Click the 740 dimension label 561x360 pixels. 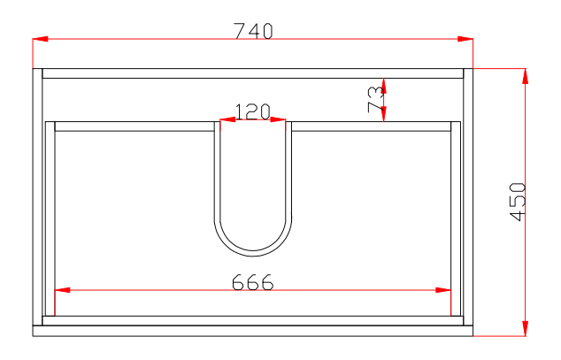click(253, 30)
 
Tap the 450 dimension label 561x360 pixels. click(518, 202)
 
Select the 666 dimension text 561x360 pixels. click(252, 281)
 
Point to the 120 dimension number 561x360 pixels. click(252, 111)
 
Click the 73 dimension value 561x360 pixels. click(376, 99)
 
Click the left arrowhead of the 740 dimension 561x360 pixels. click(40, 39)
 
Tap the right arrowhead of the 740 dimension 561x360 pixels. click(465, 39)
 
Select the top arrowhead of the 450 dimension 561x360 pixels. click(525, 76)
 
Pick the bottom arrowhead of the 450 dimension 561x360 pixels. click(525, 328)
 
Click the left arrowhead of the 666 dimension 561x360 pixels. click(62, 290)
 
